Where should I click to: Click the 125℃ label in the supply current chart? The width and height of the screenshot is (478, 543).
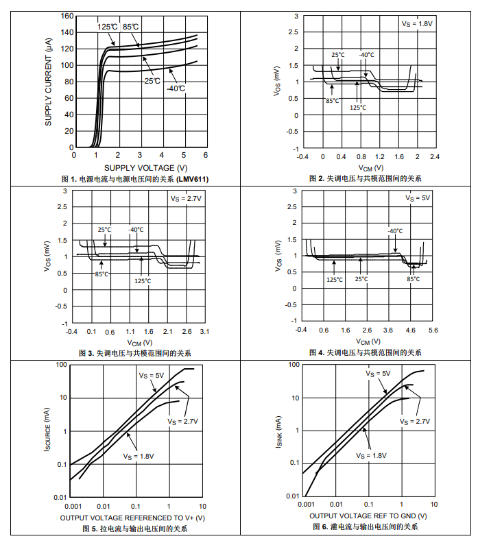click(108, 27)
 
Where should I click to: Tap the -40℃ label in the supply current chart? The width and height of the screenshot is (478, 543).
click(176, 88)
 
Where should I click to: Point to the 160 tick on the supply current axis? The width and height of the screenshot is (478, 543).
click(67, 16)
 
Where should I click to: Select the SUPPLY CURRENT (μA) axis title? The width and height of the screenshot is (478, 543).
click(49, 82)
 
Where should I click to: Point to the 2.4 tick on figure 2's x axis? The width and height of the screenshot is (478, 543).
click(433, 157)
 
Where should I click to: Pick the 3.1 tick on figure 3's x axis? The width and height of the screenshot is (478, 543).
click(204, 332)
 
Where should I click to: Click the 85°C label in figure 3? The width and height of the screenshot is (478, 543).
click(101, 274)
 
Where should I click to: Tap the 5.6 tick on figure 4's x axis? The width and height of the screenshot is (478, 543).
click(433, 330)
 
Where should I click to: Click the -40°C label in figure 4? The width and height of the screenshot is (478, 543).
click(395, 231)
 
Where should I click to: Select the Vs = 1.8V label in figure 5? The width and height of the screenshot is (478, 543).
click(139, 455)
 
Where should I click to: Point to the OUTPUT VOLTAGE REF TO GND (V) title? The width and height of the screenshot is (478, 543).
click(368, 516)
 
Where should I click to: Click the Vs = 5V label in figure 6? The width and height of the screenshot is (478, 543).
click(378, 374)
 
